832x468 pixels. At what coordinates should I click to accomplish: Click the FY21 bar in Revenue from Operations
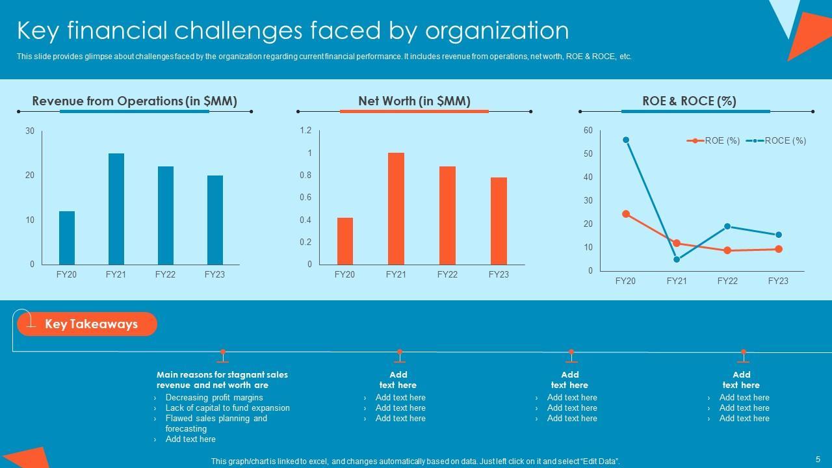click(116, 209)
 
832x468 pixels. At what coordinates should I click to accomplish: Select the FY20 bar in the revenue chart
click(67, 237)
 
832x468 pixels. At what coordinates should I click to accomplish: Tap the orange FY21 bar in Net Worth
click(396, 209)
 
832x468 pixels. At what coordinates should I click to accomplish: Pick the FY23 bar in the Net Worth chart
click(499, 220)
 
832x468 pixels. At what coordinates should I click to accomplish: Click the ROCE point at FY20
click(626, 140)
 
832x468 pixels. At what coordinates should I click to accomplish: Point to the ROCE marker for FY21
click(677, 259)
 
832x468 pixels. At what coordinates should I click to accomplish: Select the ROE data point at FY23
click(779, 249)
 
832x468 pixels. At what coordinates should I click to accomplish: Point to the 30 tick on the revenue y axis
click(30, 131)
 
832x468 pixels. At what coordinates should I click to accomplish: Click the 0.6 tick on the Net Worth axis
click(305, 198)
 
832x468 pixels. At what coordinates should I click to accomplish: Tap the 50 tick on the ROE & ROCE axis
click(588, 154)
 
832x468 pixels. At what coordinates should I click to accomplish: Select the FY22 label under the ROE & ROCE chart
click(727, 281)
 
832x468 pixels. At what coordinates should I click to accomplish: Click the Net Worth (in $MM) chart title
click(414, 101)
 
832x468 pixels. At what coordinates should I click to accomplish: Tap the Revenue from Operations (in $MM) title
click(135, 101)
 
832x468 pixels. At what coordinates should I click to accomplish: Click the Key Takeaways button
click(91, 324)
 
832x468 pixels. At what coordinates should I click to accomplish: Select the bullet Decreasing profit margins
click(214, 397)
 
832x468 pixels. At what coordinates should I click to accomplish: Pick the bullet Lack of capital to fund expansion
click(227, 408)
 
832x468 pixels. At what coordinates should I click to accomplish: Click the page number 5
click(818, 459)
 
